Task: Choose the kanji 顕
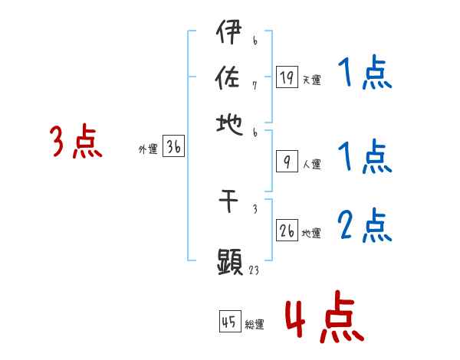point(230,262)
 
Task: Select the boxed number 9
point(287,161)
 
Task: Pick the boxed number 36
point(173,147)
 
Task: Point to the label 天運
point(311,80)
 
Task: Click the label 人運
point(311,163)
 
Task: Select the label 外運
point(147,150)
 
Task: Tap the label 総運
point(255,325)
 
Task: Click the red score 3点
point(76,142)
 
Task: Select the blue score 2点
point(364,226)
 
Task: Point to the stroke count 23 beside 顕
point(255,270)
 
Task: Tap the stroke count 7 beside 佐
point(255,85)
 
